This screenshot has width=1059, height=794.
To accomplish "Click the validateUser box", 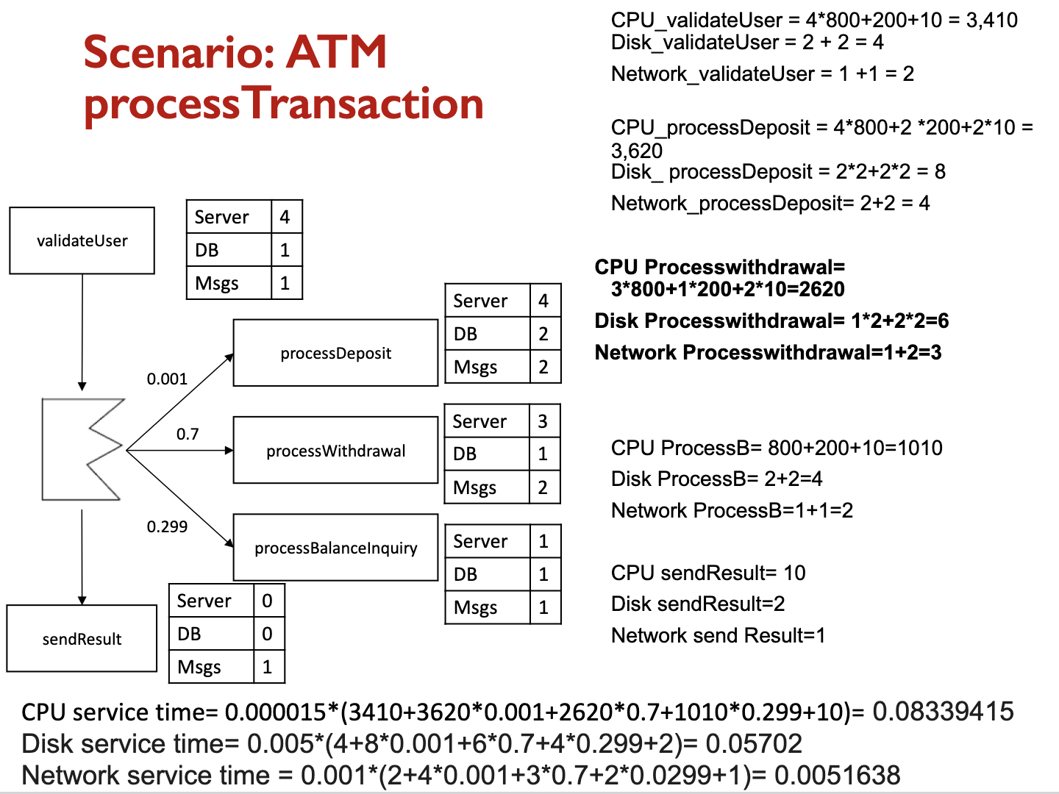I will (82, 240).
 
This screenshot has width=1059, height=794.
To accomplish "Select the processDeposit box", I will (335, 353).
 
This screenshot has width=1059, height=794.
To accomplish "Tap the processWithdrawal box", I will (335, 451).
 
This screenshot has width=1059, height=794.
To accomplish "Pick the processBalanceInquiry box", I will (335, 548).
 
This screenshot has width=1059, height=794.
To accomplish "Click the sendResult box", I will (82, 639).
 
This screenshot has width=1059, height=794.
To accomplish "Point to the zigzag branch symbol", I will (82, 449).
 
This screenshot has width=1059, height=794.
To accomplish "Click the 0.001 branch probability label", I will (167, 379).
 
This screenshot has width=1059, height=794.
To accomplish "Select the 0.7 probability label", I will (188, 434).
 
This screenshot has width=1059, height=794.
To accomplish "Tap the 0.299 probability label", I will (167, 526).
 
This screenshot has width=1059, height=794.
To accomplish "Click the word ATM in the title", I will (337, 52).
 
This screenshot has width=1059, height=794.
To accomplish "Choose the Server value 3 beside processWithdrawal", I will (543, 421).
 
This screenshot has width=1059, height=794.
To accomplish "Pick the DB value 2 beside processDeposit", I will (543, 334).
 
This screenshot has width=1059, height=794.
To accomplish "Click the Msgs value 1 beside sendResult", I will (267, 667).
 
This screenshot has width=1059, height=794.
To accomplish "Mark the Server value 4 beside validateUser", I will (285, 217).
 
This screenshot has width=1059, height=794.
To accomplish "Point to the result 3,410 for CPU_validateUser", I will (991, 20).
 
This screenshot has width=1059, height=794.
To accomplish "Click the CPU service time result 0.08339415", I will (943, 712).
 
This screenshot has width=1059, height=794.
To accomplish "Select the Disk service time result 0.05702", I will (754, 744).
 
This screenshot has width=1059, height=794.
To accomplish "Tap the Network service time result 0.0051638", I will (837, 776).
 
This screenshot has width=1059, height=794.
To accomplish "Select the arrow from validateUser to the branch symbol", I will (82, 331).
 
